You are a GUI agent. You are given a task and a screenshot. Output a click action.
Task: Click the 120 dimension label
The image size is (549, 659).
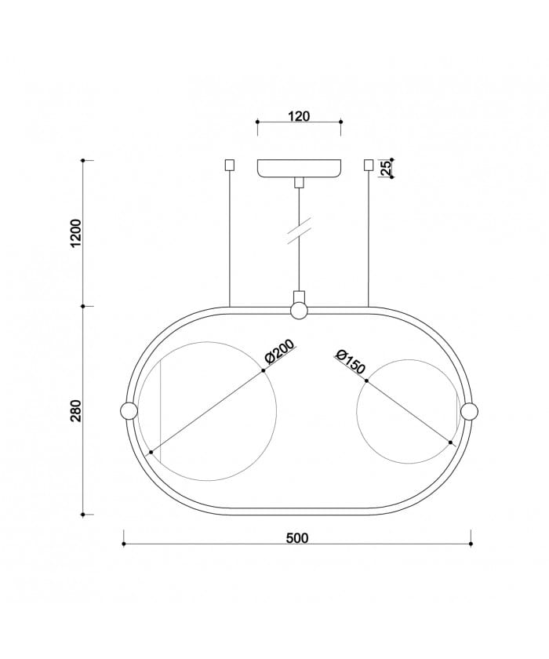tap(299, 115)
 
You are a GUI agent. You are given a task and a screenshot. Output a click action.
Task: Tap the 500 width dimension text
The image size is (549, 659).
tap(297, 538)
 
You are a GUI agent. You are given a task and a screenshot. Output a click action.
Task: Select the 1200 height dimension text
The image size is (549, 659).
tap(76, 233)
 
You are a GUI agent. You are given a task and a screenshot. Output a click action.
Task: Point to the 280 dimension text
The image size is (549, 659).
tap(76, 411)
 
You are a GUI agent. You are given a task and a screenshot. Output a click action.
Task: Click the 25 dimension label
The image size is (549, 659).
tap(386, 168)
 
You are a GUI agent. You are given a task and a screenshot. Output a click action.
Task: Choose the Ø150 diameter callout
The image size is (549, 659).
tap(351, 362)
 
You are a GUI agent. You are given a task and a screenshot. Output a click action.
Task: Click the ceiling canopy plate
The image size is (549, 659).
tap(299, 169)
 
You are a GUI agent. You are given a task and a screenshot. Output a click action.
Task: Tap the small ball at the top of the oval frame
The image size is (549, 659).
tap(299, 311)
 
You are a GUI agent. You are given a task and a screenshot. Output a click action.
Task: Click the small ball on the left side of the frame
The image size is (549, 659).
tap(129, 410)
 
